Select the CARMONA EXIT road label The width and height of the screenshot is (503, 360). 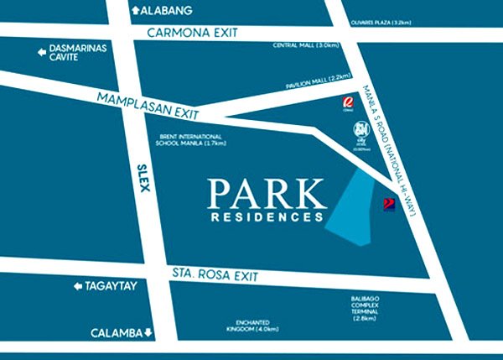click(x=192, y=33)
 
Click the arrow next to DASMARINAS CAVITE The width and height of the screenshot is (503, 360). click(x=39, y=53)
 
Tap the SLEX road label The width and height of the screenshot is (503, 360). click(x=141, y=177)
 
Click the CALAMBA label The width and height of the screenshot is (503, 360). click(x=117, y=332)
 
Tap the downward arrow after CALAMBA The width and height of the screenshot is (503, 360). click(x=148, y=333)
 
